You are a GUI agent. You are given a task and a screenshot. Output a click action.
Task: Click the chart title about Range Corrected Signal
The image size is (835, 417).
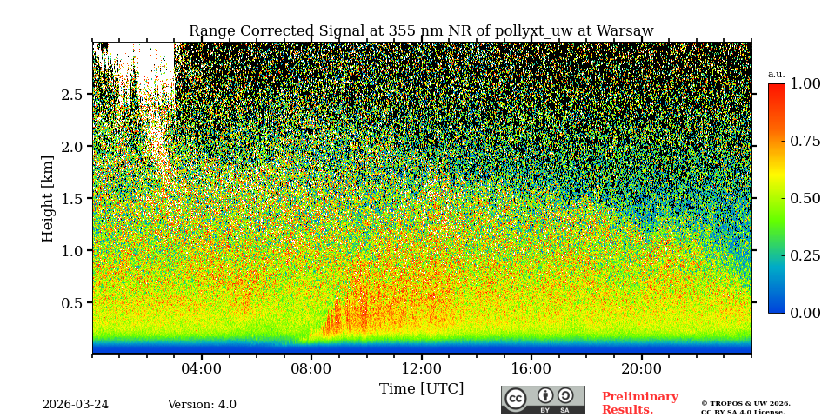tap(421, 31)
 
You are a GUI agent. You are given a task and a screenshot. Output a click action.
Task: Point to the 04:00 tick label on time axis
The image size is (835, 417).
tap(202, 369)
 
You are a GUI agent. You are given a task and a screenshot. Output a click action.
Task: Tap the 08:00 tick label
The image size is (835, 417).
tap(311, 369)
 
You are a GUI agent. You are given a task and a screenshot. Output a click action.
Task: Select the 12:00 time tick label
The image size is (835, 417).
tap(421, 369)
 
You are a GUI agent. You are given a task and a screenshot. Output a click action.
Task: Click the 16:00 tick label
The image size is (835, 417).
tap(531, 369)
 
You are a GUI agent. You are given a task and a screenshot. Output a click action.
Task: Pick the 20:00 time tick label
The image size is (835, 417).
tap(641, 369)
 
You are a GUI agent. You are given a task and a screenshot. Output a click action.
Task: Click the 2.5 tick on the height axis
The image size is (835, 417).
tap(72, 95)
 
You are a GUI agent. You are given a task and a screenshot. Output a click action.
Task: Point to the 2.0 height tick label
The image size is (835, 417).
tap(72, 147)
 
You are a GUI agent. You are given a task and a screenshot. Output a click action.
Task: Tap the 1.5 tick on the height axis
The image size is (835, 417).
tap(72, 199)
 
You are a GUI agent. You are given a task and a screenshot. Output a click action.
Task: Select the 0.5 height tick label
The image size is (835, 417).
tap(72, 303)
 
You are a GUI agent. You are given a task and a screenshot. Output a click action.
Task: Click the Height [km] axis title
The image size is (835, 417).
tap(48, 198)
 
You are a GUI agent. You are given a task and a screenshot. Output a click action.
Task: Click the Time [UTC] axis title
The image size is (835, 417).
tap(421, 389)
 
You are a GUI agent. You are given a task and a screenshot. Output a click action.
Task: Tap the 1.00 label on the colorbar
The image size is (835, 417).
tap(805, 84)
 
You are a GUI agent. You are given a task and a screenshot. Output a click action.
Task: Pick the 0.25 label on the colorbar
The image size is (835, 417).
tap(805, 255)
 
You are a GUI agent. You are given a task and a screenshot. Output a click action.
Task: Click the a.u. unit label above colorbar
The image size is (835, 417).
tap(776, 75)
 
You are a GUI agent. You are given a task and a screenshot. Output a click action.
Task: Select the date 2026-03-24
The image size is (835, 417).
tap(76, 405)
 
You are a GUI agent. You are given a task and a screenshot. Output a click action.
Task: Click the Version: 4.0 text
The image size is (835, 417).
tap(202, 405)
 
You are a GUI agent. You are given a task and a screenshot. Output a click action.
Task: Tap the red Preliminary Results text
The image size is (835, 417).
tap(639, 403)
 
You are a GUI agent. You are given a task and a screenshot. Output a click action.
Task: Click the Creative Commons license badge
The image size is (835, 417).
tap(543, 400)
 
